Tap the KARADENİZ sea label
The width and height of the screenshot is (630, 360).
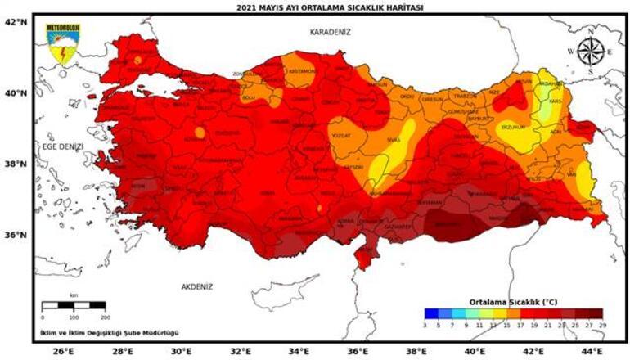click(x=331, y=32)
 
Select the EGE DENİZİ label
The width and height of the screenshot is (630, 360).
click(x=64, y=146)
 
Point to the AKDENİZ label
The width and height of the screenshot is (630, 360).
click(x=196, y=286)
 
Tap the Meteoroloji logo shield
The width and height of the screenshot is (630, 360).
click(x=58, y=44)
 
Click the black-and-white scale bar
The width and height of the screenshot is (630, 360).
click(x=74, y=305)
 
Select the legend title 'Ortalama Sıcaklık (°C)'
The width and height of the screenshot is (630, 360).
click(x=512, y=300)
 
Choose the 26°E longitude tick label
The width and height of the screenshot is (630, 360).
click(x=63, y=351)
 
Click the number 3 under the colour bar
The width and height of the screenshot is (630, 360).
click(x=425, y=324)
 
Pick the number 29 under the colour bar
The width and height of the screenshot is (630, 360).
click(x=601, y=324)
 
